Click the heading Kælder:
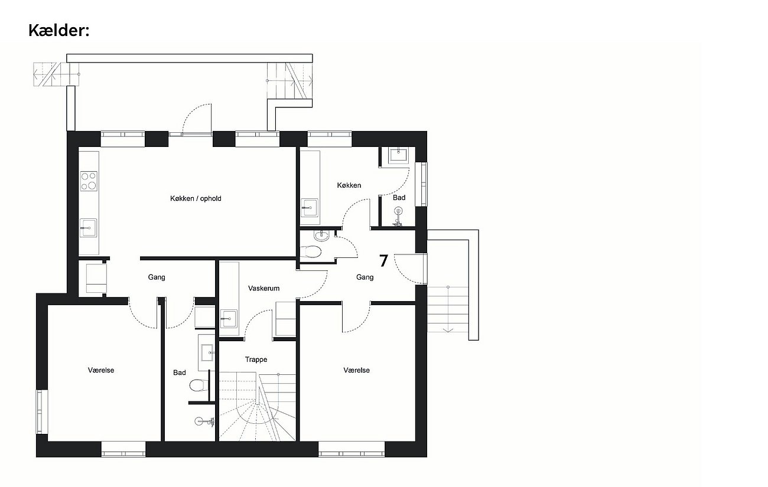click(58, 31)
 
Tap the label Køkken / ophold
click(196, 198)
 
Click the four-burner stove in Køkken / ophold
click(89, 181)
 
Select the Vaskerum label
click(263, 289)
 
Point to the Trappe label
click(256, 359)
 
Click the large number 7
click(383, 261)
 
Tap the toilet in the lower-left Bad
click(197, 385)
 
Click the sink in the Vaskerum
click(229, 319)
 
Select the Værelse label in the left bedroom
click(101, 370)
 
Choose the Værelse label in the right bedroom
click(357, 370)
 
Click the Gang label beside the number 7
click(365, 277)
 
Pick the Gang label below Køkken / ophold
click(157, 277)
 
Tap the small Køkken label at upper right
click(349, 185)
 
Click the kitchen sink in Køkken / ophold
click(88, 228)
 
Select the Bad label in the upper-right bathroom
click(399, 198)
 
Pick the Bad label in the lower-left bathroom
click(180, 372)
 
